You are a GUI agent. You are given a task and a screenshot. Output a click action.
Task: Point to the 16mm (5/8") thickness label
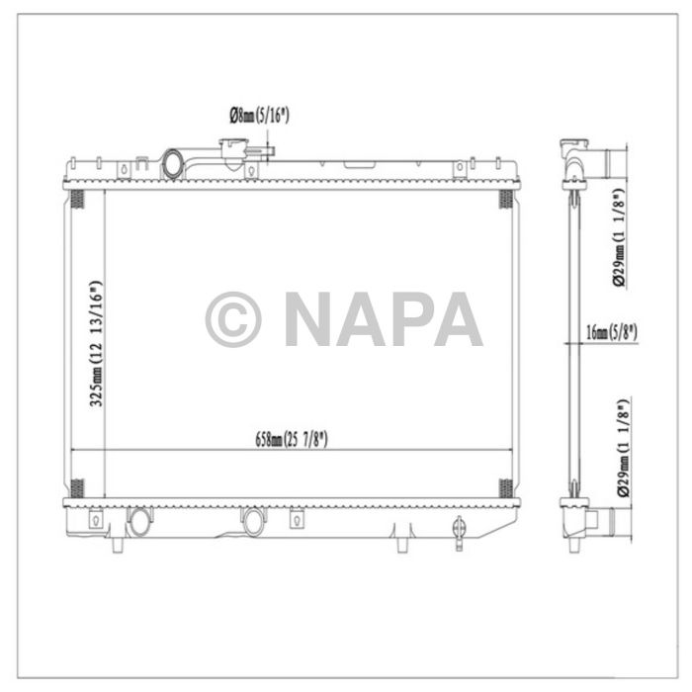[x=610, y=332]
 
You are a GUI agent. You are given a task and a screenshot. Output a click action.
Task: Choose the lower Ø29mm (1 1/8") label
[x=620, y=445]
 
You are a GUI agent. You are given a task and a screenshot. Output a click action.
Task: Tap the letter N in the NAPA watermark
[x=310, y=319]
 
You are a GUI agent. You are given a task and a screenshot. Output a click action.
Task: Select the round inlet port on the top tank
[x=175, y=162]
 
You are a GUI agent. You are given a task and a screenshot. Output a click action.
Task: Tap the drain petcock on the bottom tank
[x=459, y=532]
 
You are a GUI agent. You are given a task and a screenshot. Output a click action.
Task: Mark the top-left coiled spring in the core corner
[x=78, y=201]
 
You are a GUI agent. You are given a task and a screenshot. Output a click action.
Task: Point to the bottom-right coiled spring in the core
[x=505, y=488]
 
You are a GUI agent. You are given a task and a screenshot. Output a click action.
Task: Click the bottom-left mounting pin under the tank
[x=119, y=545]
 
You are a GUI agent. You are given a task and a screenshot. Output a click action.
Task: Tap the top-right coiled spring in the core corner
[x=505, y=201]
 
